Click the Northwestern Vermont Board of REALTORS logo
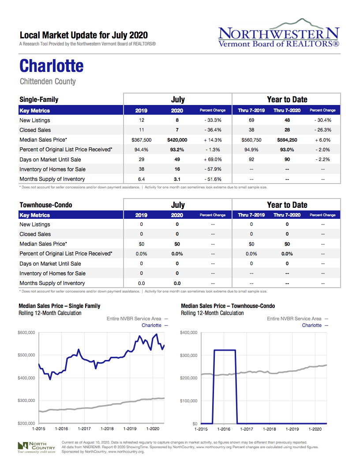(278, 33)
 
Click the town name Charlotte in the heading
(52, 66)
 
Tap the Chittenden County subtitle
(48, 82)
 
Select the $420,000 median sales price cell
(177, 140)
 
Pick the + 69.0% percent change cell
(213, 159)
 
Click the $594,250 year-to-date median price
(287, 140)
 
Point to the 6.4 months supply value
(141, 179)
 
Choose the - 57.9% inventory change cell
(213, 169)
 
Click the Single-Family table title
(39, 100)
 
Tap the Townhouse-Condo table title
(46, 205)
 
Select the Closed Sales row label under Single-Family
(35, 130)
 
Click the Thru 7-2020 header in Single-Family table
(287, 110)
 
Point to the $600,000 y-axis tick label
(26, 332)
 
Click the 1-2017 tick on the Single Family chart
(84, 428)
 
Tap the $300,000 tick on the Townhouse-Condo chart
(188, 355)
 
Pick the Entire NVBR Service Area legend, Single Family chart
(134, 319)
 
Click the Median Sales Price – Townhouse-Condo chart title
(228, 306)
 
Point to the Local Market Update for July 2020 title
(84, 35)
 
